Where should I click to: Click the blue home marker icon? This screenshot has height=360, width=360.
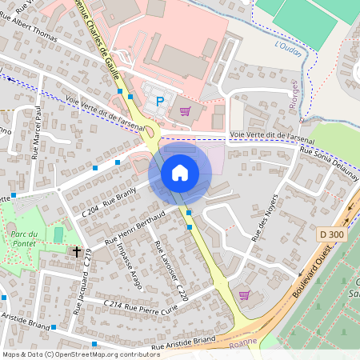pos(180,173)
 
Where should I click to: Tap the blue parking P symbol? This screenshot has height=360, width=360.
pos(160,101)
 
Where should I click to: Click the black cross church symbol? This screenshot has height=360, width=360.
pos(77,251)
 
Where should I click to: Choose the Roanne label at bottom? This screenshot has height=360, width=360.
pos(243,342)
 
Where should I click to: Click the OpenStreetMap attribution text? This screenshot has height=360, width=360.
pos(81,354)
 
